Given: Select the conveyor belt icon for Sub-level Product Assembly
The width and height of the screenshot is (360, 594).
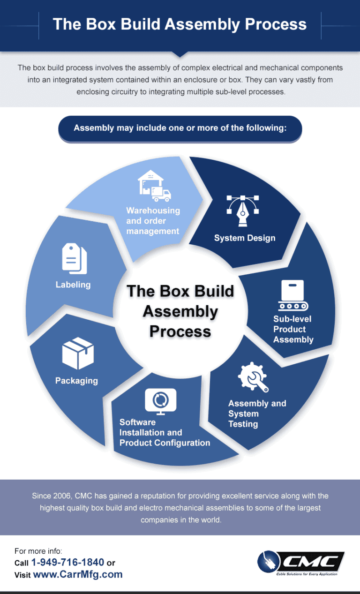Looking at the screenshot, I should [x=293, y=295].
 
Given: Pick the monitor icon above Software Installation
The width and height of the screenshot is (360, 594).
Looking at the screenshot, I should [x=160, y=401].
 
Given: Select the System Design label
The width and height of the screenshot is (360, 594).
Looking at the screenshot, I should [x=245, y=238].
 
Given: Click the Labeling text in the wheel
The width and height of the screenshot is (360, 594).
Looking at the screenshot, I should [x=73, y=285].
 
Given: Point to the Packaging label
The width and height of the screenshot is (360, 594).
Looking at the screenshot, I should [x=76, y=381].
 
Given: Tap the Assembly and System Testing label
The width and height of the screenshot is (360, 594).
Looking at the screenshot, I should [x=257, y=414].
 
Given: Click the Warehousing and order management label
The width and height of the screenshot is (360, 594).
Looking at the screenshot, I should [x=153, y=221].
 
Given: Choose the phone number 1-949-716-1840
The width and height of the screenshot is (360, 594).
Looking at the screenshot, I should [x=68, y=562].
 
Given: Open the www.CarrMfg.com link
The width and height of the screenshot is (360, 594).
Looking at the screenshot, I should [x=78, y=574].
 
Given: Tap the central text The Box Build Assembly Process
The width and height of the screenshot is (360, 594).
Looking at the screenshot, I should [x=180, y=311].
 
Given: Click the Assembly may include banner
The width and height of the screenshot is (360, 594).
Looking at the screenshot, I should [x=180, y=128].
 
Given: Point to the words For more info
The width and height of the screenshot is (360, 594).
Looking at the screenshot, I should [x=38, y=551].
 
